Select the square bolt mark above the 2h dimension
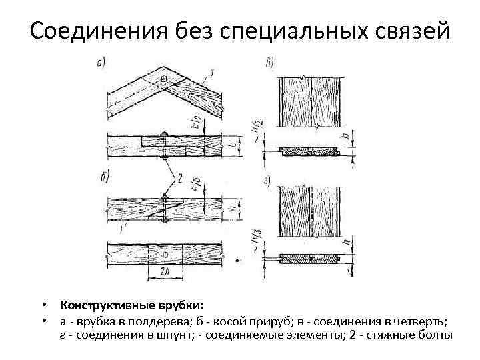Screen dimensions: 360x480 (165, 255)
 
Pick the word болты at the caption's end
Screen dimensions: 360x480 (437, 334)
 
